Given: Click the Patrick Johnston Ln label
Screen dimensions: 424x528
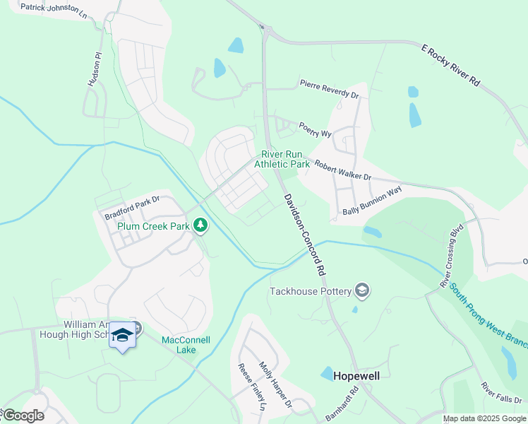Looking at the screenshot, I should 53,9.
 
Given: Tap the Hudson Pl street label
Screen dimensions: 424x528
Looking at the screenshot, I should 93,69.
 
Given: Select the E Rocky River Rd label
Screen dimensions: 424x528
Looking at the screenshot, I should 451,66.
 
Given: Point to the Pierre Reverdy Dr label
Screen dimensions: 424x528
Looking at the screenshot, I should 329,90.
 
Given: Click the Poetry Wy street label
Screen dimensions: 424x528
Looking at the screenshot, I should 315,129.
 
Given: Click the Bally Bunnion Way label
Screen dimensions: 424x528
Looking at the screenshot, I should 372,201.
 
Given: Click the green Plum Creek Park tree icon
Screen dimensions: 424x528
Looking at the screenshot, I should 201,225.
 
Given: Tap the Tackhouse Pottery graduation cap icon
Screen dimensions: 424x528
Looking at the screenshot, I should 362,290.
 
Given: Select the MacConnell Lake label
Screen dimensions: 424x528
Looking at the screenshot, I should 186,345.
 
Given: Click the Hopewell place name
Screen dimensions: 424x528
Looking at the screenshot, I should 356,376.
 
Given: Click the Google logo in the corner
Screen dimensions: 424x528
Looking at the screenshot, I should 23,416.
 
